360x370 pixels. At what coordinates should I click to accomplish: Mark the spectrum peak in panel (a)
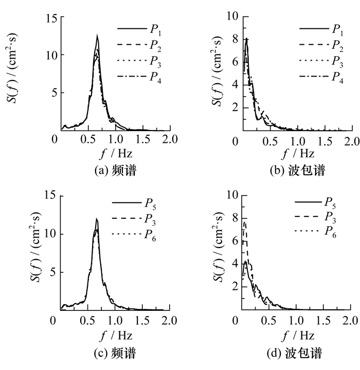click(x=97, y=35)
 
